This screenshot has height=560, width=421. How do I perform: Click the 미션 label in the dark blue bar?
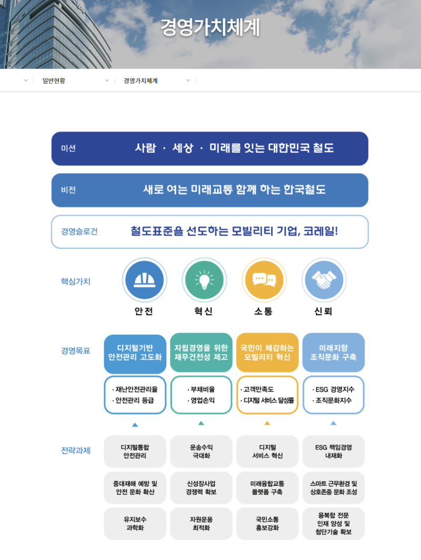[68, 148]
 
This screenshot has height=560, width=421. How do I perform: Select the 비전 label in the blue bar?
[68, 190]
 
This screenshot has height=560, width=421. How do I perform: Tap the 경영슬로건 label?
[79, 232]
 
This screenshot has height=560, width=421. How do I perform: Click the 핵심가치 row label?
[76, 282]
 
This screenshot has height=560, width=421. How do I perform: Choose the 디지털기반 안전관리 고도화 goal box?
[135, 352]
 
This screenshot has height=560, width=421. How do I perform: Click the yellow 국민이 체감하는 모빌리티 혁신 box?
[267, 352]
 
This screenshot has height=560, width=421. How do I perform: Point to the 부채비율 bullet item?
[202, 390]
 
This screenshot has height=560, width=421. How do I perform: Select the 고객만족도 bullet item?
[259, 390]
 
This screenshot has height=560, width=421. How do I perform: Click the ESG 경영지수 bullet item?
[333, 390]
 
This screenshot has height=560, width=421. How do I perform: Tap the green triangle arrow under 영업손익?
[201, 423]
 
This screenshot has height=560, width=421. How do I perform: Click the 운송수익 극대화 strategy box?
[201, 452]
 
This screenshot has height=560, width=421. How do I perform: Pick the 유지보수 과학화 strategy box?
[135, 523]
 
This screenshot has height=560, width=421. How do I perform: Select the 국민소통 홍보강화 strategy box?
[267, 523]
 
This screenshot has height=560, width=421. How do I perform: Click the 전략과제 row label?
[76, 451]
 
